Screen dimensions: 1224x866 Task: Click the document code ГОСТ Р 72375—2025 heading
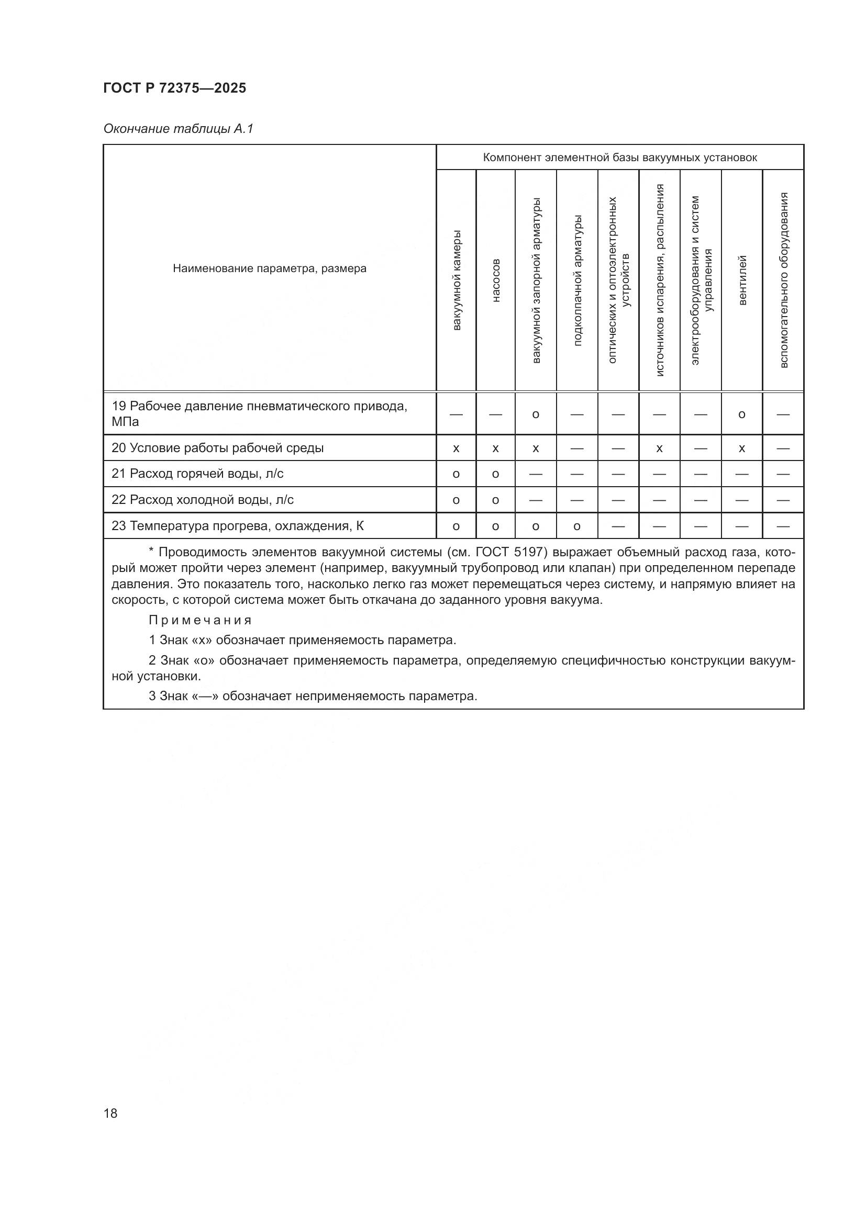174,88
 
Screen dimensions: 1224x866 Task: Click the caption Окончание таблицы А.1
178,129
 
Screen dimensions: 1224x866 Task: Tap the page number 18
110,1113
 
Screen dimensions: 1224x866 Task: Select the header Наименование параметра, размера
269,268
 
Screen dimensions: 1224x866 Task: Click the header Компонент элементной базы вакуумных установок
619,158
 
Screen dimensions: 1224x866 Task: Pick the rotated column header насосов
495,280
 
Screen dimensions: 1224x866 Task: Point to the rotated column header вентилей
742,280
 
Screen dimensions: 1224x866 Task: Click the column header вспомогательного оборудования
783,280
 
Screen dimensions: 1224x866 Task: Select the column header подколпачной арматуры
577,280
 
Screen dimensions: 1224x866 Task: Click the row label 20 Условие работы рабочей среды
218,448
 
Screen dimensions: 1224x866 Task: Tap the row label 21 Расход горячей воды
197,474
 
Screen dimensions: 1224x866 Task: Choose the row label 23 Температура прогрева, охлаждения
237,526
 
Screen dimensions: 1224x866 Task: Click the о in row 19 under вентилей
742,414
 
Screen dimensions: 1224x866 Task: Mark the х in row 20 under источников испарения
659,448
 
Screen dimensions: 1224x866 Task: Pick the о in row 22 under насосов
495,500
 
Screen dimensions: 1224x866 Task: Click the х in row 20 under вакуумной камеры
456,448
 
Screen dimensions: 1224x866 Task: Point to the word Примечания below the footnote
200,620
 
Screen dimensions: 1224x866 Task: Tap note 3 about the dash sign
313,695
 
